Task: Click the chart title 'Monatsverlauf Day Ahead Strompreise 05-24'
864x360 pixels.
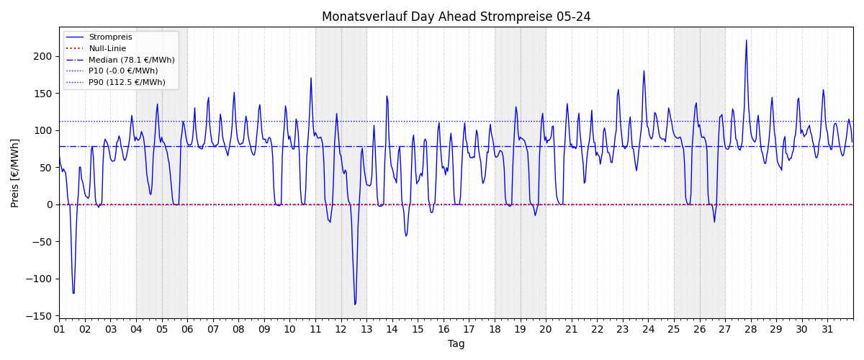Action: point(456,17)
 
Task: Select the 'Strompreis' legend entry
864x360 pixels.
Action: point(110,37)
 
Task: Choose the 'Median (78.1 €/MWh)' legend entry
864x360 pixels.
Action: point(132,60)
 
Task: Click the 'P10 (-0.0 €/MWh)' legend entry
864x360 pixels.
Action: point(123,71)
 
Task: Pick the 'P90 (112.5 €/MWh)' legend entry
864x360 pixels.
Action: point(127,82)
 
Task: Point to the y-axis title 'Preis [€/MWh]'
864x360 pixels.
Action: point(14,174)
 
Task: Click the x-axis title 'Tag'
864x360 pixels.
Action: point(456,343)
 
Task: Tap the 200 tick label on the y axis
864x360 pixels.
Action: point(42,56)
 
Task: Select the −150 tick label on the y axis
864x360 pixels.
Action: point(39,316)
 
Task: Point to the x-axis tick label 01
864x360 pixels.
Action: point(59,329)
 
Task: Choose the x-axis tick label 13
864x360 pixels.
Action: point(366,329)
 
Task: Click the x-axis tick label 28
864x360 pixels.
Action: point(750,329)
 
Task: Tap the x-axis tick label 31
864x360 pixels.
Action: point(827,329)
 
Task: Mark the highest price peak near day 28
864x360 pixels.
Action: point(747,40)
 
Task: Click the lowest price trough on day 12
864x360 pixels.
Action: point(355,305)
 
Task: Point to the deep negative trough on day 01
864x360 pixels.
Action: point(73,293)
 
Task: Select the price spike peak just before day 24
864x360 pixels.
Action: point(644,71)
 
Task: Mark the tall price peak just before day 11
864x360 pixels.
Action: point(311,78)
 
